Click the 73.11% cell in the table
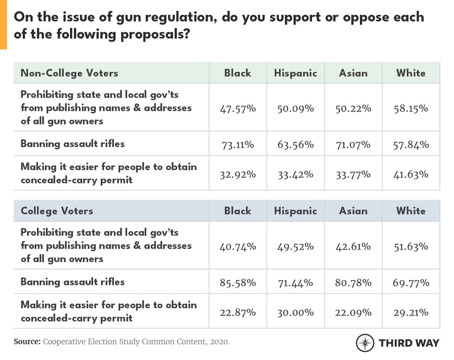pos(238,144)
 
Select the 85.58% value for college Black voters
pos(238,283)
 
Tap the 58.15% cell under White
pos(410,108)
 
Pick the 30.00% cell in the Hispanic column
pos(295,312)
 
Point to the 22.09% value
pos(353,312)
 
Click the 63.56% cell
pos(295,144)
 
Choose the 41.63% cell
pos(410,174)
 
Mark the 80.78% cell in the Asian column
pos(353,283)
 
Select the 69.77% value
pos(410,283)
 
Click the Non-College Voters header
pos(69,73)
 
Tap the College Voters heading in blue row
pos(57,211)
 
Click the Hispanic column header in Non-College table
pos(295,73)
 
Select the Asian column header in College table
pos(353,211)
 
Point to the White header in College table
pos(410,211)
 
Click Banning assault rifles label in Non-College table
pos(72,144)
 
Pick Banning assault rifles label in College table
pos(72,282)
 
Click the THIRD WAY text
pos(409,343)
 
